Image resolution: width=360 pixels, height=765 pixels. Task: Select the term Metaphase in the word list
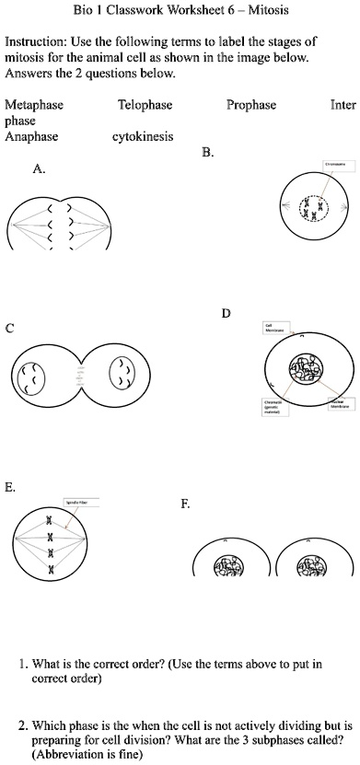pos(34,106)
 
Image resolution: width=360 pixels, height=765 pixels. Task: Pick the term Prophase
pos(251,106)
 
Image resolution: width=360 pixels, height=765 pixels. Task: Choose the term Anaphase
pos(31,137)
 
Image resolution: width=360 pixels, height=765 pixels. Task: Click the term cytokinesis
pos(142,137)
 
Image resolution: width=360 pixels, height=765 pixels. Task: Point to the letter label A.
pos(38,169)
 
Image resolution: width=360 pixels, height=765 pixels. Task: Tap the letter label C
pos(9,328)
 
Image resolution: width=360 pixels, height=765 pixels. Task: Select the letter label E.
pos(10,488)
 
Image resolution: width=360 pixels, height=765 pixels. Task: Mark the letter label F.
pos(186,504)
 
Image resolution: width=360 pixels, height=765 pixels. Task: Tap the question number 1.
pos(22,663)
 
